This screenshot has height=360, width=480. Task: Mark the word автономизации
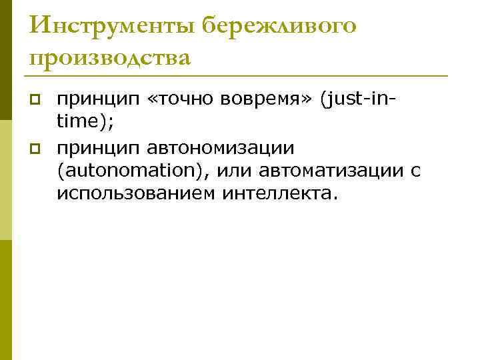[x=215, y=147]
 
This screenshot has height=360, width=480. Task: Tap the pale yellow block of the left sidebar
[x=6, y=180]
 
